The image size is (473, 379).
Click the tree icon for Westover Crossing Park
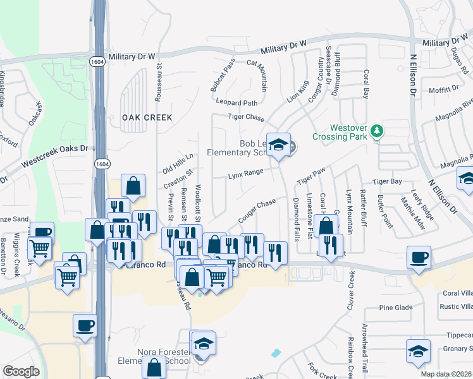click(x=378, y=131)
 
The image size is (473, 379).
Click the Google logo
click(x=21, y=371)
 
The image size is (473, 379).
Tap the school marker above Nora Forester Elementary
click(x=204, y=343)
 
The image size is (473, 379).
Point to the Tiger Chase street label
click(x=246, y=117)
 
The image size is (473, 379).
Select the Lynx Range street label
click(x=245, y=172)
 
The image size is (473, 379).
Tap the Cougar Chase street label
click(x=258, y=210)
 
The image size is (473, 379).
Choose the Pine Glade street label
click(x=395, y=308)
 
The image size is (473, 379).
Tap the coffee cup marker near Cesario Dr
click(x=85, y=327)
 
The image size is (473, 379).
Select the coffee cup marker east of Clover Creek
click(x=419, y=258)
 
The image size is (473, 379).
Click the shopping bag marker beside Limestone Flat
click(x=325, y=226)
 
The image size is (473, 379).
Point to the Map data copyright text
click(x=446, y=374)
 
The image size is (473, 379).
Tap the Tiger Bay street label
click(x=388, y=181)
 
